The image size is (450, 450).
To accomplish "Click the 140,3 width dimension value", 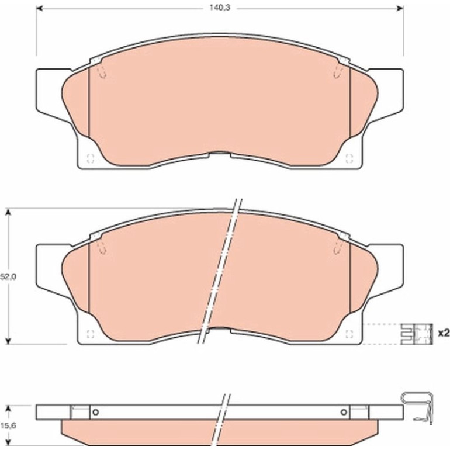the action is (x=220, y=8).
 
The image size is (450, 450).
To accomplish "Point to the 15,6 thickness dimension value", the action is (x=8, y=425).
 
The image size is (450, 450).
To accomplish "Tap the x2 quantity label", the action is (x=444, y=333).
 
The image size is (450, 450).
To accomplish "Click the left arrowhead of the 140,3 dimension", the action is (x=40, y=8).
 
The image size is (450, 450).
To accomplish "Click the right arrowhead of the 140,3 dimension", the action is (x=400, y=8).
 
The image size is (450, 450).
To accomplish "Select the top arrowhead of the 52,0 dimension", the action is (x=8, y=212).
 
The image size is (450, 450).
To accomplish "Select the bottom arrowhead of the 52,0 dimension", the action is (x=8, y=341).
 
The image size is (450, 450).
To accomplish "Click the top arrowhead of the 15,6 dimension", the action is (x=9, y=409).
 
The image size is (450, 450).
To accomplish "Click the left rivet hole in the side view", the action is (x=96, y=413).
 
